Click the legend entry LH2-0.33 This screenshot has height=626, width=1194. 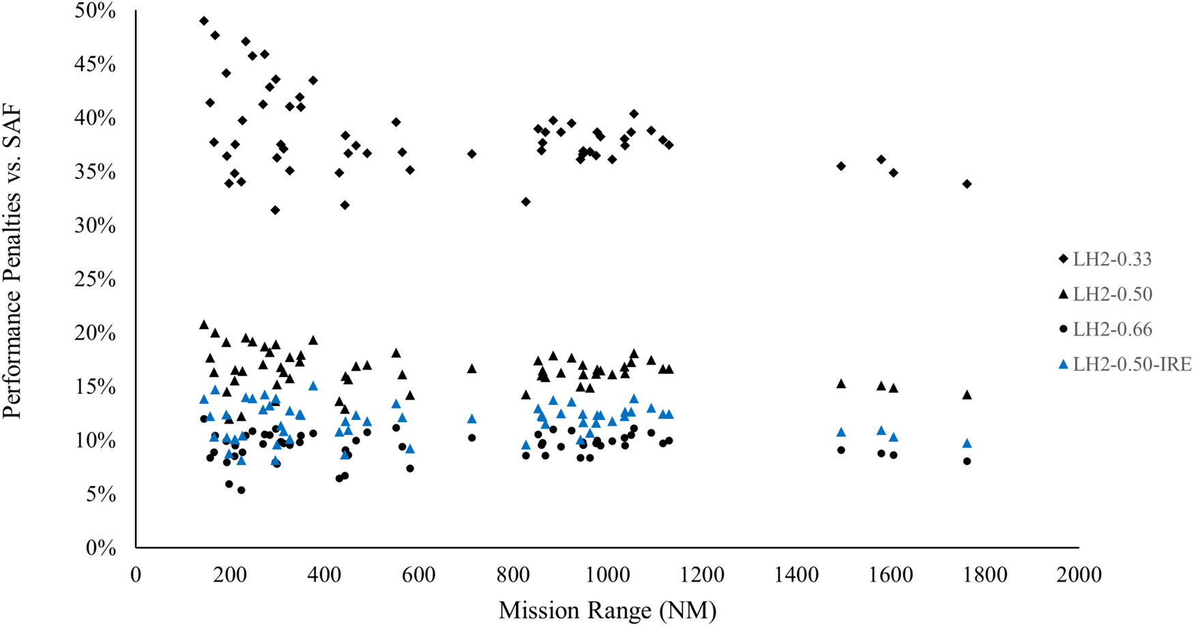[1111, 259]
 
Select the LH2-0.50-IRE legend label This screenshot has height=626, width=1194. [1132, 364]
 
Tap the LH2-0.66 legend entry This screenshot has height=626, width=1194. [1112, 329]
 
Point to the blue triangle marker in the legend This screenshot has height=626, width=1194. [1062, 365]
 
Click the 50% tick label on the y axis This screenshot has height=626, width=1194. [96, 11]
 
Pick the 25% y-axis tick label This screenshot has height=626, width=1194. [96, 279]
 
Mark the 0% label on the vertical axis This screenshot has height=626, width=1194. [101, 548]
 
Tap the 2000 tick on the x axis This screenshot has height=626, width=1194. [1078, 575]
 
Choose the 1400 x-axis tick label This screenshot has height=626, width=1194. [796, 575]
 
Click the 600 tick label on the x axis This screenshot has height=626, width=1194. [418, 575]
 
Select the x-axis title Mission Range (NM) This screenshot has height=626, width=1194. [607, 609]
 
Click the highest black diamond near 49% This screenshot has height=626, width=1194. [204, 21]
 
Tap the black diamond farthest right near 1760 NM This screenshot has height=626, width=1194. [967, 184]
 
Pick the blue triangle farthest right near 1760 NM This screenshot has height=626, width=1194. [967, 443]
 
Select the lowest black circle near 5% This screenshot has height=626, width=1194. [241, 490]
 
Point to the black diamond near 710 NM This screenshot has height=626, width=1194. [471, 154]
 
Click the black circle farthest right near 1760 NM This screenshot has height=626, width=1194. [967, 462]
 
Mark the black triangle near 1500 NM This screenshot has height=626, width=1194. [841, 384]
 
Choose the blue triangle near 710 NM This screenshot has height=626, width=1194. [471, 419]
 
